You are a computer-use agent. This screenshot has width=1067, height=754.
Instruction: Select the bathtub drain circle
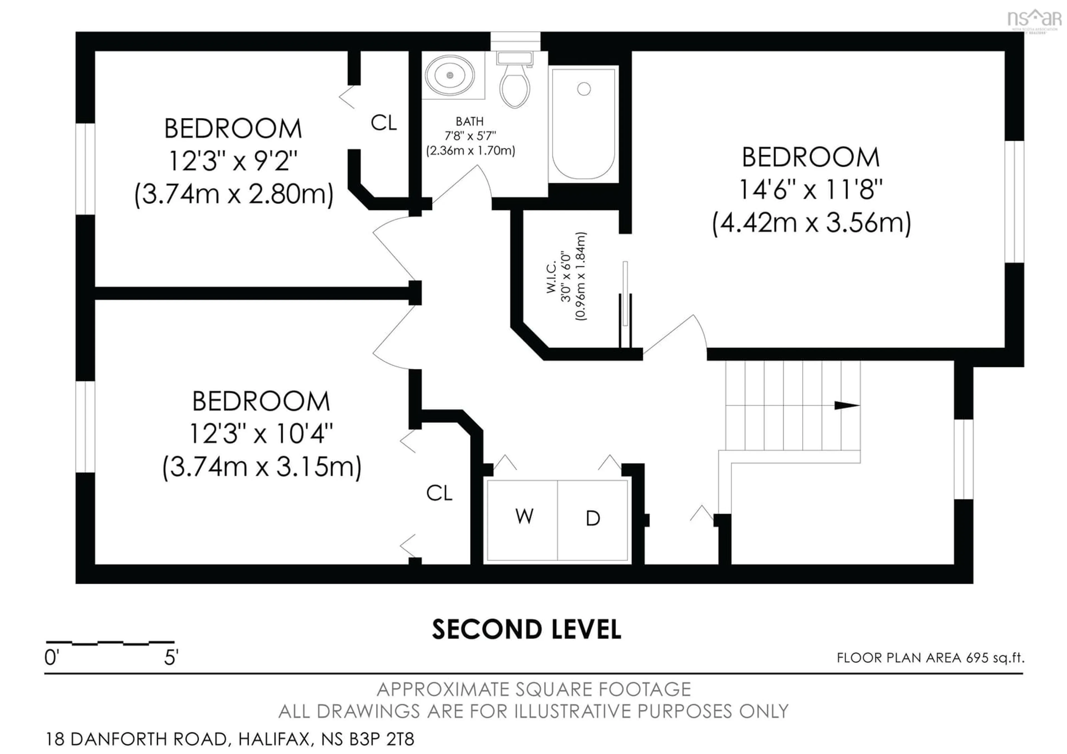coord(584,89)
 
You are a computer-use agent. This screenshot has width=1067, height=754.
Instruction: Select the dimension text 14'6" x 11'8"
coord(811,190)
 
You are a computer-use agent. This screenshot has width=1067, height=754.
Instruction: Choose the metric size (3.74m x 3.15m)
coord(262,467)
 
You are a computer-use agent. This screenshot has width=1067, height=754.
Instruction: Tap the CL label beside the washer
coord(439,493)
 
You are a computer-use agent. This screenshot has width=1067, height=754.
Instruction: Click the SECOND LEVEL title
coord(527,630)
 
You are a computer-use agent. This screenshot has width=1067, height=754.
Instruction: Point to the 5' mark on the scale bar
coord(171,657)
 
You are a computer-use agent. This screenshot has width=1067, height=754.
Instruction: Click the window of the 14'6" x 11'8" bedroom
coord(1014,202)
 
